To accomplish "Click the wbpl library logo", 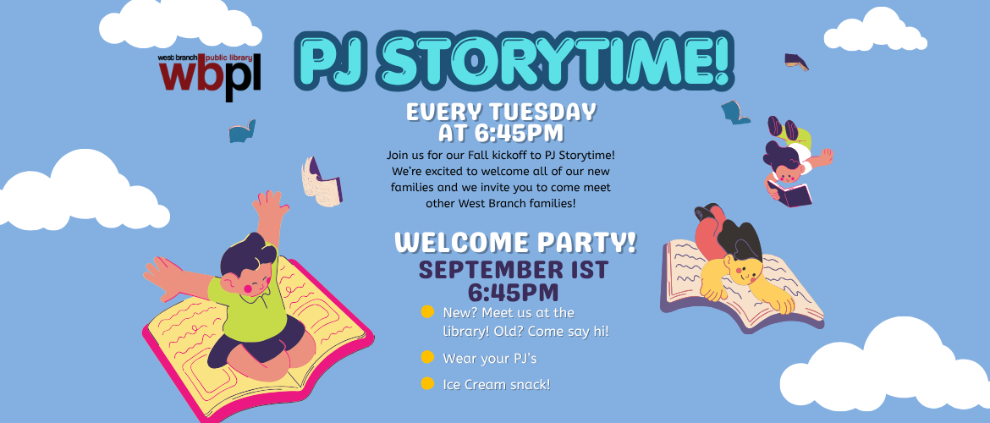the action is click(209, 78).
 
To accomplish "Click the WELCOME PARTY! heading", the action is click(515, 243).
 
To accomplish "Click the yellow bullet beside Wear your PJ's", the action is click(427, 357).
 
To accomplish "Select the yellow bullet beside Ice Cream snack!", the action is click(427, 383).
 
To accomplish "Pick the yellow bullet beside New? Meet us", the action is click(427, 311).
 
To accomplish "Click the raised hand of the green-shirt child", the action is click(270, 206).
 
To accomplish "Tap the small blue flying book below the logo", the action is click(243, 131).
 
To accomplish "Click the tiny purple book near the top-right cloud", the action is click(796, 61).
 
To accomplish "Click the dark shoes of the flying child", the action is click(783, 127).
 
